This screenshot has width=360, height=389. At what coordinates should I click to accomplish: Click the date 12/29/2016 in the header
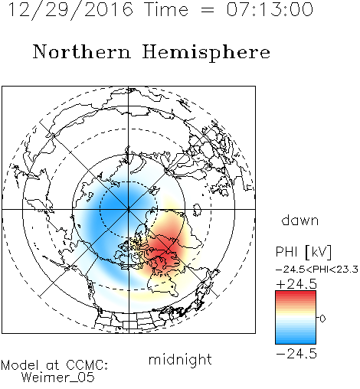70,9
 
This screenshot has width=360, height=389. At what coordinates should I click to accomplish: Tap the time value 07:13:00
270,9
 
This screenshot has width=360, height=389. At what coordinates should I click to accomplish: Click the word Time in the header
166,9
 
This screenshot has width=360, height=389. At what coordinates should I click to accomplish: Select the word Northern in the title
81,52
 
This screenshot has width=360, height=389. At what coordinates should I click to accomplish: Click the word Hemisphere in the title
206,53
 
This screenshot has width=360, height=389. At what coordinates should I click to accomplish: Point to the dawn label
300,221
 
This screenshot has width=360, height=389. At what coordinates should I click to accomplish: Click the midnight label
180,359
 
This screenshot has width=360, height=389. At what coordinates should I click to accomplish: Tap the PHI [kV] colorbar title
303,252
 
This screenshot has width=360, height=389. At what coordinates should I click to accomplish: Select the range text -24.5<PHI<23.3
317,270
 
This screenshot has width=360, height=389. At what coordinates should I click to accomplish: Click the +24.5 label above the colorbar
296,284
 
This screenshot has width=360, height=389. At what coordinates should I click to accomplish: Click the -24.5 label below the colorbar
296,354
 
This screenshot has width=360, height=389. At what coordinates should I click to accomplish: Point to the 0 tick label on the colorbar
322,319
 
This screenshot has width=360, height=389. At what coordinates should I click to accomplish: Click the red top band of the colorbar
296,295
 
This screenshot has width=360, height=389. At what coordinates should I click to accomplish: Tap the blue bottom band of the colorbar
296,340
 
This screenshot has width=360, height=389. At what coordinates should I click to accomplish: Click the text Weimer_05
58,378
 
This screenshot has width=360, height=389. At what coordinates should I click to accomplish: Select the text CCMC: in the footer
87,365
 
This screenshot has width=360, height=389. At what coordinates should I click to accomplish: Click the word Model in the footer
20,365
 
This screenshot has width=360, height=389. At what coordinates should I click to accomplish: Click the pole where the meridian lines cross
129,209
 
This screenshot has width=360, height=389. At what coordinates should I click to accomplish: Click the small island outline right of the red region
197,210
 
